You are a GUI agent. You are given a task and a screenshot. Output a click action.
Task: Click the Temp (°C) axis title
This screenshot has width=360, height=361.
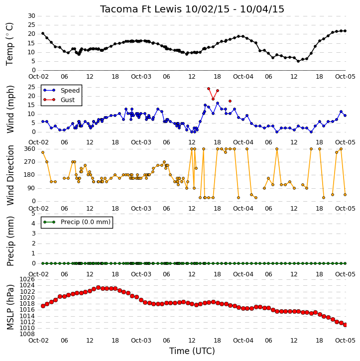pos(9,44)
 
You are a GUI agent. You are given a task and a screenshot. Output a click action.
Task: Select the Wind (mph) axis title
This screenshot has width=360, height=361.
pos(10,109)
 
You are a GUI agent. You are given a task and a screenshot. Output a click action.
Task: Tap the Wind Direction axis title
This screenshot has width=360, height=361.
pos(10,175)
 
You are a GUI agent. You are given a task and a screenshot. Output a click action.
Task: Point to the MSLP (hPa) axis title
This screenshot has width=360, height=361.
pos(10,307)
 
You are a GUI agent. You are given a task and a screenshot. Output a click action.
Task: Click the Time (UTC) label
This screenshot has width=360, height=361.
pos(192,351)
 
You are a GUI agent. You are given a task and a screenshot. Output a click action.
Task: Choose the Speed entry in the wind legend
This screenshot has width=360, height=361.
pos(61,90)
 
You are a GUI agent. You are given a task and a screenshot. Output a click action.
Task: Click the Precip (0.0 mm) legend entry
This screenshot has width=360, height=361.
pos(77,222)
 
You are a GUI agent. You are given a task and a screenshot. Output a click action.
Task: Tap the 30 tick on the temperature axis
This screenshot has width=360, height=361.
pos(31,16)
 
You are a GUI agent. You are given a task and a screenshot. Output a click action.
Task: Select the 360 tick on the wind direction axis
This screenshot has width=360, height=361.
pos(30,149)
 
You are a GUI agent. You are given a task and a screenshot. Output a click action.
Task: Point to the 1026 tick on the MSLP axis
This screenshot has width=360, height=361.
pos(27,279)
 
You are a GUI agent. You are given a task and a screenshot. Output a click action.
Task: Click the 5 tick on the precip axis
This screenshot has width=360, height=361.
pos(33,214)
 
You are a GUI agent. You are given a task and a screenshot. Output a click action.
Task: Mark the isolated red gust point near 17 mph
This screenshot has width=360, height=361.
pos(230,101)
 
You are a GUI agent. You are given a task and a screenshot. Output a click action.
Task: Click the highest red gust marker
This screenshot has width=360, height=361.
pos(209,89)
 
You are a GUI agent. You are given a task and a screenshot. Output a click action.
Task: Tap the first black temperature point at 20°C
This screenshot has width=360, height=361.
pos(43,33)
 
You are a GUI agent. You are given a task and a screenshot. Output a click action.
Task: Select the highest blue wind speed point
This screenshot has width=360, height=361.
pos(218,103)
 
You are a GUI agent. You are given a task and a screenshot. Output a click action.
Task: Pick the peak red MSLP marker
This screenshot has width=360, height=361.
pos(98,288)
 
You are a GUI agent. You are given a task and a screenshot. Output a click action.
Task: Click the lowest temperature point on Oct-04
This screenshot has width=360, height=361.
pos(298,61)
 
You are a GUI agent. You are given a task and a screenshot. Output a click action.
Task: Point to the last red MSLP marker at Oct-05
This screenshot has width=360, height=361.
pos(345,325)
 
